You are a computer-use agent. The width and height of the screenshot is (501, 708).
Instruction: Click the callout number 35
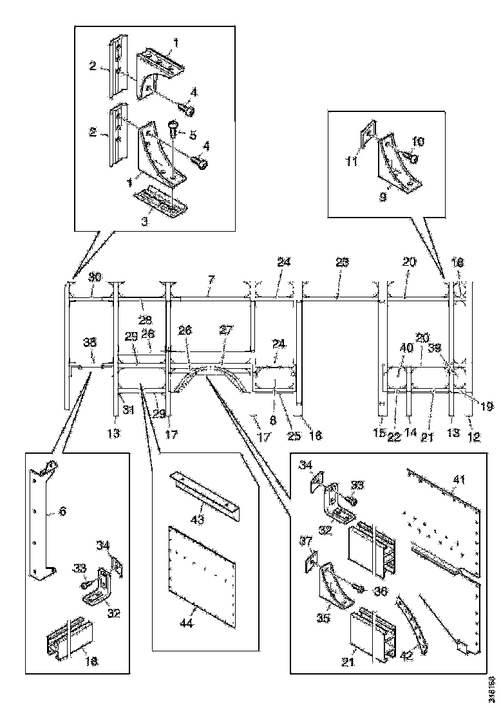tap(325, 619)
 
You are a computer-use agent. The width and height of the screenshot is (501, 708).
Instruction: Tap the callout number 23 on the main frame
tap(342, 263)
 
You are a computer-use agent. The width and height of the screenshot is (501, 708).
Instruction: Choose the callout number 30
tap(95, 277)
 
